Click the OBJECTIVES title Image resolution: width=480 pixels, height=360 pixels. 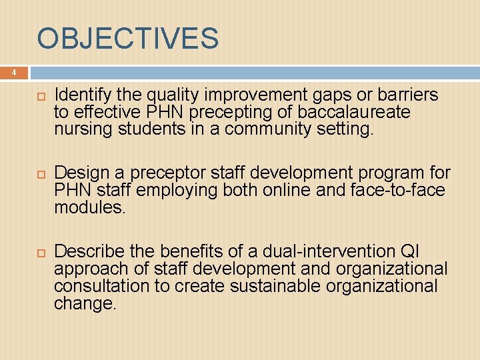coord(127,39)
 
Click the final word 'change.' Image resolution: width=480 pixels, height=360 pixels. coord(85,303)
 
